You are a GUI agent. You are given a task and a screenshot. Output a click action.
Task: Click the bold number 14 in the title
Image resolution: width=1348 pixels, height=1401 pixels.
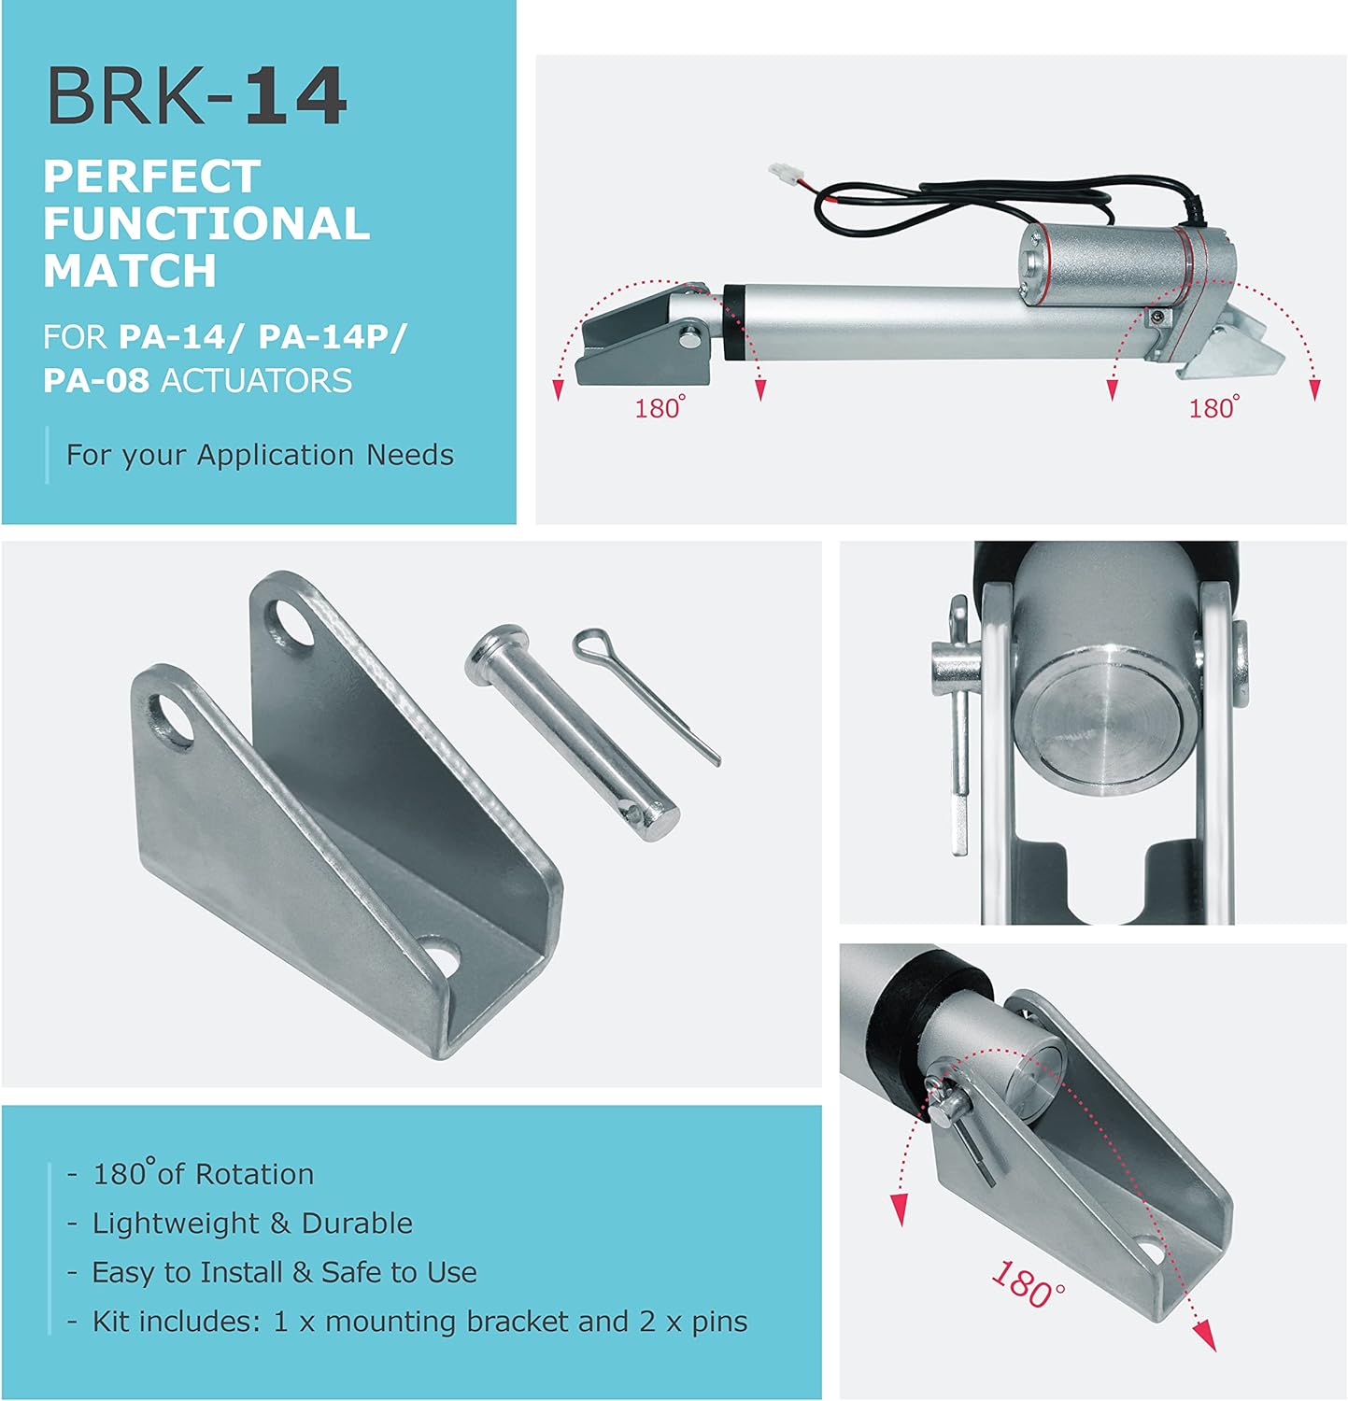[x=295, y=96]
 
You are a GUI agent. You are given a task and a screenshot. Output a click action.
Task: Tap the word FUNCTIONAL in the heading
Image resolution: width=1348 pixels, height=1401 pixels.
[x=206, y=224]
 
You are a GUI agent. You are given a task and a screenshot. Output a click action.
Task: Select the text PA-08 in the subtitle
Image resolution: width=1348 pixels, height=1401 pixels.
[x=95, y=381]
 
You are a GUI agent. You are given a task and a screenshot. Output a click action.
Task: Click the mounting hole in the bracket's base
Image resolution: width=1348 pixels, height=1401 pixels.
[x=441, y=956]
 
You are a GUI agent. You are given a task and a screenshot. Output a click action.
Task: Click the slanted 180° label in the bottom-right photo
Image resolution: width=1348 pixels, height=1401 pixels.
[x=1028, y=1285]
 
